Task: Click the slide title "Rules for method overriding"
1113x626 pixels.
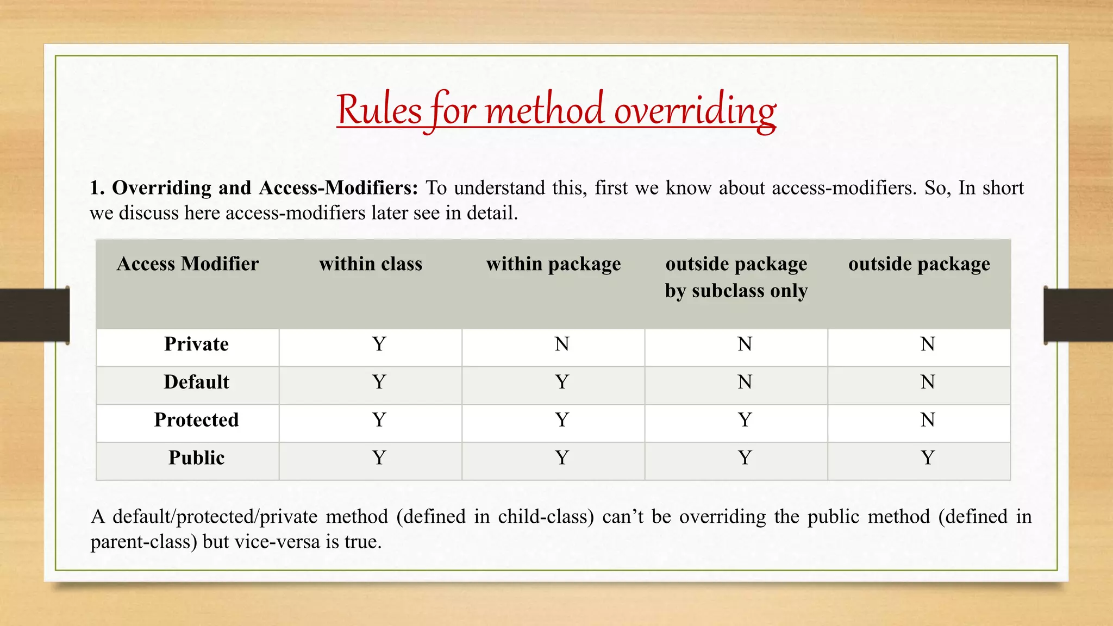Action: tap(556, 110)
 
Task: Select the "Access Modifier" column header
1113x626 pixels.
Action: tap(187, 264)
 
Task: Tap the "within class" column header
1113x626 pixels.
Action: tap(371, 264)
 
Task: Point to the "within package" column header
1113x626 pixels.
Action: tap(553, 264)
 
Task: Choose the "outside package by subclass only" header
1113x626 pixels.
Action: tap(736, 277)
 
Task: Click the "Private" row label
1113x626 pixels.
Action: tap(196, 345)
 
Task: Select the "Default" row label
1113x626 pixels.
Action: tap(196, 382)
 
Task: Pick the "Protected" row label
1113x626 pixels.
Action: tap(196, 420)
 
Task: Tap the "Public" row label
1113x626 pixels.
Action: tap(196, 458)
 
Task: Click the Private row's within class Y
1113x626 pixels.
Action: tap(379, 345)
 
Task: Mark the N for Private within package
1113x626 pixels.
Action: tap(562, 345)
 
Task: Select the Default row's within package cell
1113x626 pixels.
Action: tap(562, 382)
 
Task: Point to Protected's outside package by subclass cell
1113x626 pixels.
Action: tap(745, 420)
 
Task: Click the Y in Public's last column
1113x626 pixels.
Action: tap(928, 458)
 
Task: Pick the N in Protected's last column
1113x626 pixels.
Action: tap(928, 420)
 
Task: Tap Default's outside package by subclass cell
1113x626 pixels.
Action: tap(745, 382)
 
